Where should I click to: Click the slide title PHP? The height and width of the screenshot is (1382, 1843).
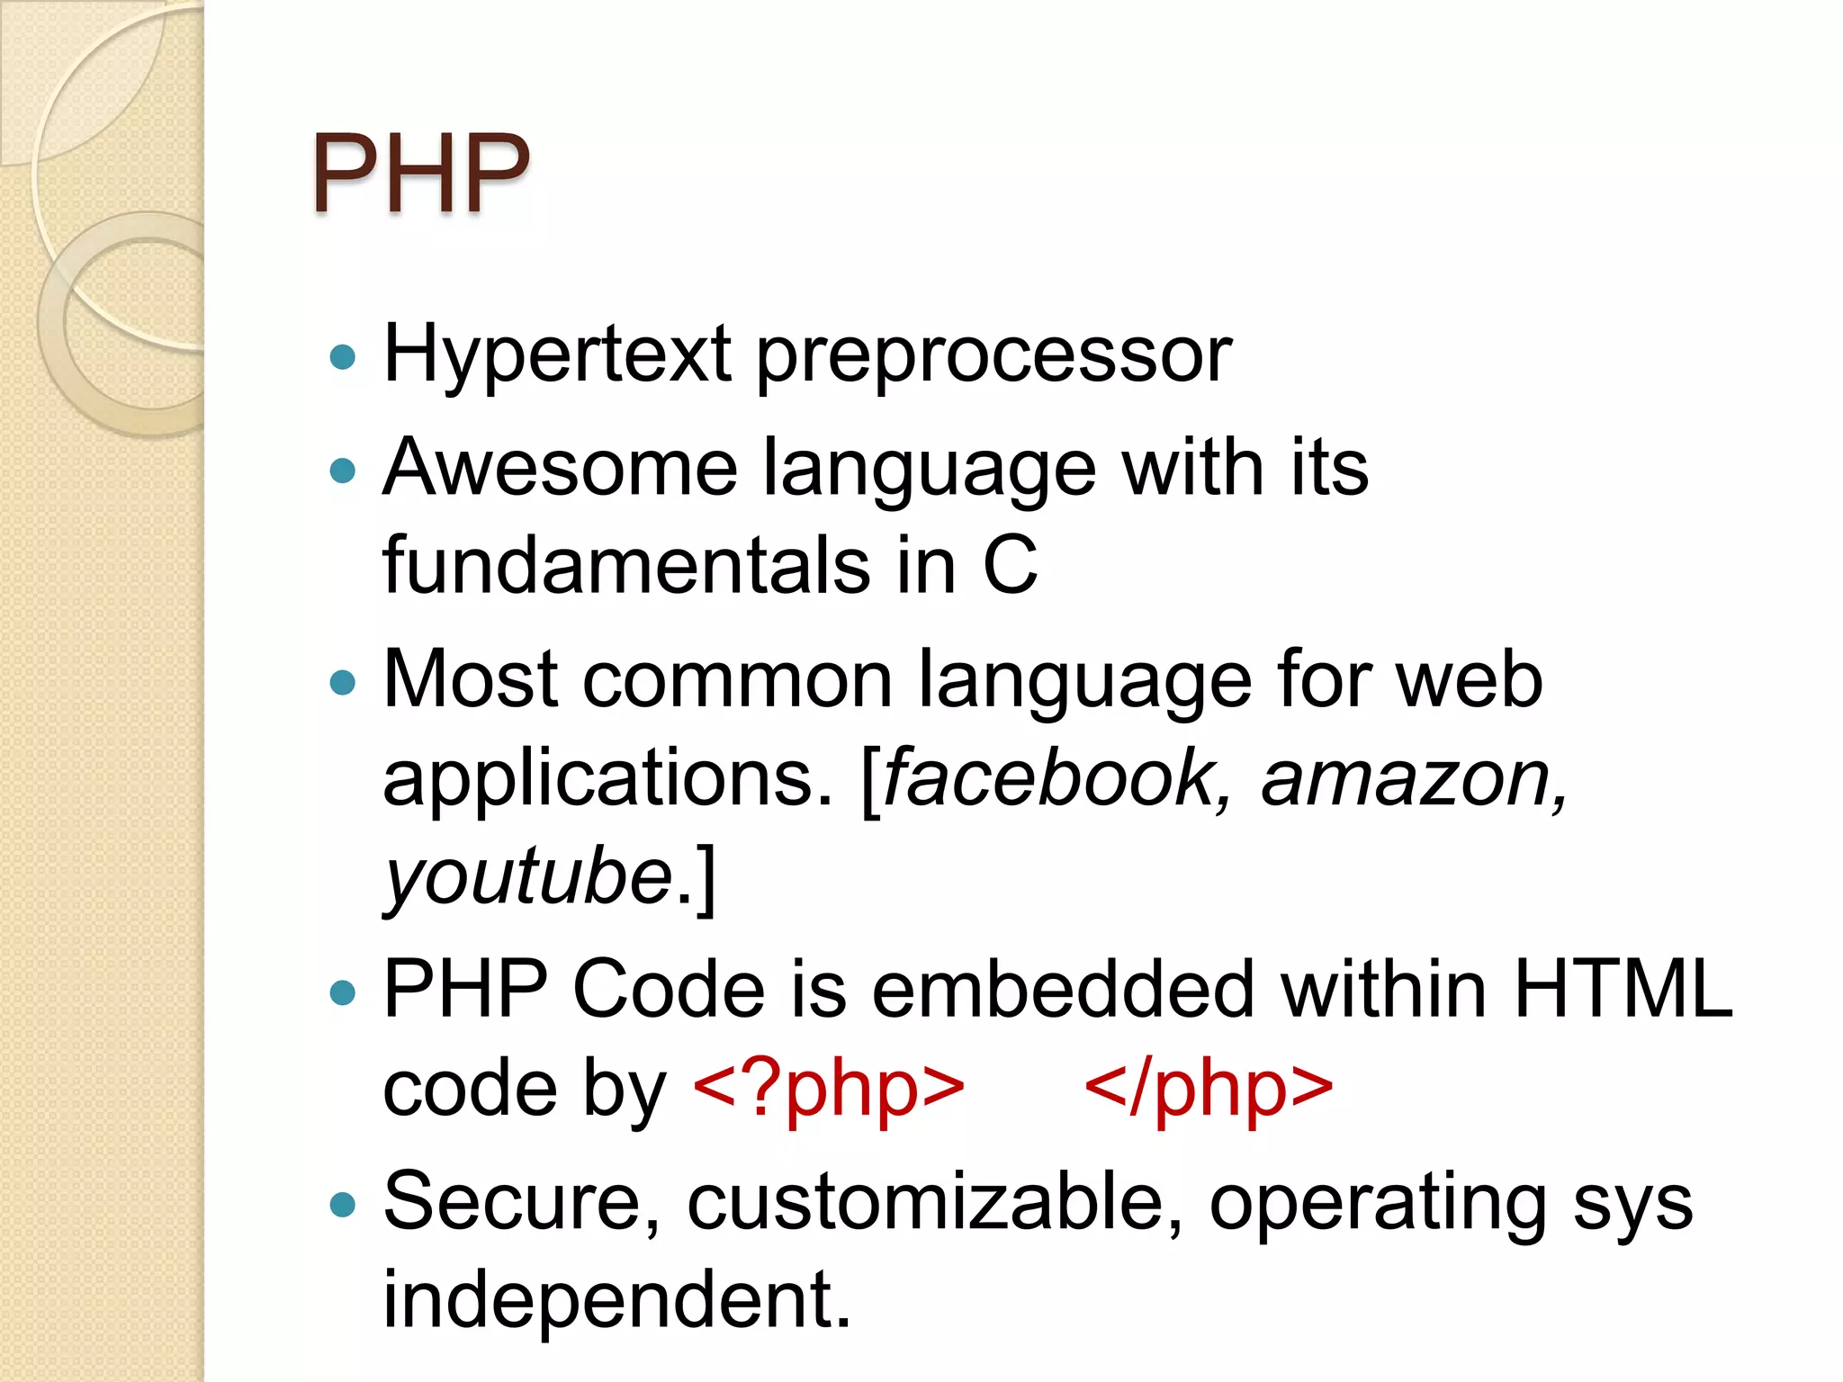[x=421, y=173]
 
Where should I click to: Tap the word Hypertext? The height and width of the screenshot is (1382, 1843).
[x=557, y=354]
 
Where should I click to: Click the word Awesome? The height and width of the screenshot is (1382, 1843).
[x=560, y=467]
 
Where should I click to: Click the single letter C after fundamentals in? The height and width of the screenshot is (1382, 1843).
[x=1010, y=565]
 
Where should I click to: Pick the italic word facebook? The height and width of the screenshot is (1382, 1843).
[x=1049, y=777]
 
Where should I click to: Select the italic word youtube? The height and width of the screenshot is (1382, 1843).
[x=529, y=876]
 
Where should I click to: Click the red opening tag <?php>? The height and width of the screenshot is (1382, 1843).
[x=829, y=1088]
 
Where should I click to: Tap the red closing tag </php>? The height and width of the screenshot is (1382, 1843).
[x=1209, y=1088]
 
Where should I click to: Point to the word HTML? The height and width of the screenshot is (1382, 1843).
[x=1623, y=989]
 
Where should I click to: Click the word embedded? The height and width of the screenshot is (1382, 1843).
[x=1063, y=989]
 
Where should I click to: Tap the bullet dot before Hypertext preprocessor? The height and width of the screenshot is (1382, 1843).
[x=343, y=358]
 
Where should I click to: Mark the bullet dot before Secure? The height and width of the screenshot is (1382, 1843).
[x=343, y=1205]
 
